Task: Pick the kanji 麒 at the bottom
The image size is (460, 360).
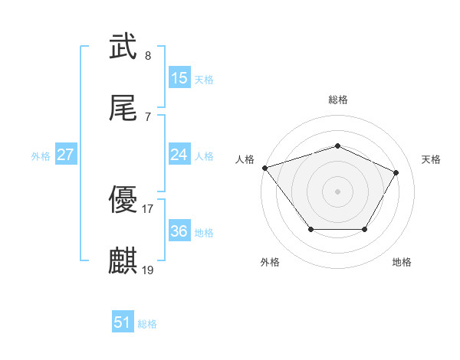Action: (123, 260)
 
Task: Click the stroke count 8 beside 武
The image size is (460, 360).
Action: (148, 55)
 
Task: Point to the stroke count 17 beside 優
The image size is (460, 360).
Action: (148, 208)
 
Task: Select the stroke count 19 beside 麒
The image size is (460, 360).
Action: (148, 270)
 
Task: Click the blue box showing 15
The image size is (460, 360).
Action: (179, 78)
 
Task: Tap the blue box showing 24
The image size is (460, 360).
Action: (179, 155)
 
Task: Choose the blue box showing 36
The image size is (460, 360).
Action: (179, 231)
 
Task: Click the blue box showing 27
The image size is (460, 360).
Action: (66, 155)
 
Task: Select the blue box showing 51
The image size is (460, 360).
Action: (123, 322)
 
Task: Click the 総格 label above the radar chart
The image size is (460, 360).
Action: (338, 100)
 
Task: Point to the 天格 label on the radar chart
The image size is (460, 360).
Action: (432, 159)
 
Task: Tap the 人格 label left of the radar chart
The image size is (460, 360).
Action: (245, 159)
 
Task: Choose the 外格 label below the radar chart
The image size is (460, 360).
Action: (270, 262)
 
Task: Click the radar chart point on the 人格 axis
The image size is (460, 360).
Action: (264, 168)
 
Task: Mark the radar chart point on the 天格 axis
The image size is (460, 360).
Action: (396, 173)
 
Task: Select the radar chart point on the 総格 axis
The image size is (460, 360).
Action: (338, 146)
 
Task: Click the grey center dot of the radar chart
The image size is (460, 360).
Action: (338, 191)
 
